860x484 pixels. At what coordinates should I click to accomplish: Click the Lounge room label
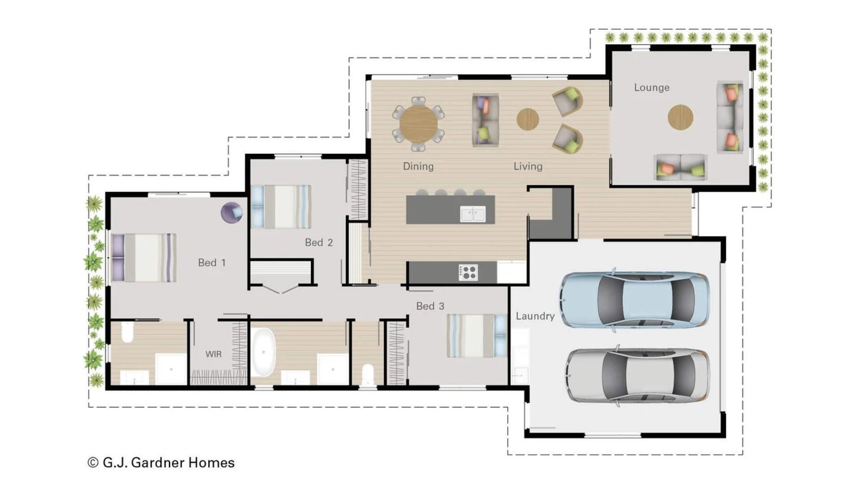(x=651, y=87)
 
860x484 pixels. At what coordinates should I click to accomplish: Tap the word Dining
(x=418, y=166)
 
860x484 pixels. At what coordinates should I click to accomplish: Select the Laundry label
(x=535, y=316)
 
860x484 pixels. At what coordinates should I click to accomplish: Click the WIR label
(x=213, y=354)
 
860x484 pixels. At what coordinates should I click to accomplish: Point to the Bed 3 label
(x=430, y=306)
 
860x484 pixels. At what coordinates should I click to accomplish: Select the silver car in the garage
(x=637, y=376)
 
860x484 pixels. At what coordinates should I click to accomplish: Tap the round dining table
(x=418, y=123)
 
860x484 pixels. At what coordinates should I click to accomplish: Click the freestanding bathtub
(x=263, y=352)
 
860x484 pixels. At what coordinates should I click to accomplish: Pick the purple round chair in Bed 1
(x=232, y=212)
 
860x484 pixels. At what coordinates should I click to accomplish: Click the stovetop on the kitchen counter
(x=468, y=272)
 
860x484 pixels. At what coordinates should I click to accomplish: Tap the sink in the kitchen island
(x=473, y=214)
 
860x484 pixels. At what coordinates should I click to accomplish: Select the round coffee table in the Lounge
(x=680, y=117)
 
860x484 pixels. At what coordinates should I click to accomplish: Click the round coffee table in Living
(x=528, y=119)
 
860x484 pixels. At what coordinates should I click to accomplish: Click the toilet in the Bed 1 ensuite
(x=127, y=332)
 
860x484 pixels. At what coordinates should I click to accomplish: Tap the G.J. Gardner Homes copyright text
(x=161, y=462)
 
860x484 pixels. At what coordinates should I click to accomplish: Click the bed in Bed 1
(x=144, y=258)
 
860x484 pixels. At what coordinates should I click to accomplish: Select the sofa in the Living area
(x=485, y=120)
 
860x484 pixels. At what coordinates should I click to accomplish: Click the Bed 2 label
(x=318, y=242)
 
